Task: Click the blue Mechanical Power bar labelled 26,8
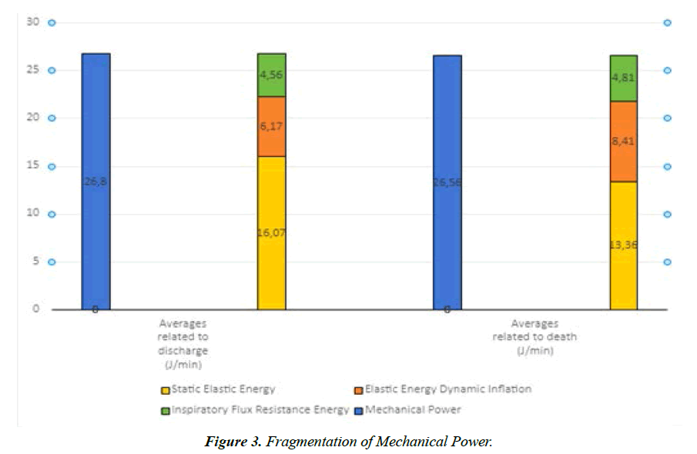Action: [x=96, y=181]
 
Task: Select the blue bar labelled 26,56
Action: [x=447, y=182]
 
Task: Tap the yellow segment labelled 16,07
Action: [x=271, y=232]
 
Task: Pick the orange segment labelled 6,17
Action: [x=271, y=126]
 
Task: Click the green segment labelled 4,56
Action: [x=271, y=75]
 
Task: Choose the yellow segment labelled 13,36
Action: [x=623, y=245]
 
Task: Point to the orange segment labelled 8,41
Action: [x=623, y=141]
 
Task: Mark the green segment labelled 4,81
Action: [x=623, y=78]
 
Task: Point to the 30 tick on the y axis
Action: [x=32, y=22]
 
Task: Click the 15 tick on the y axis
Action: [x=32, y=166]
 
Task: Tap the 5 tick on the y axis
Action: [x=34, y=262]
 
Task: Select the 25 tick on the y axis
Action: [x=32, y=70]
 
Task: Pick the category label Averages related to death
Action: [x=534, y=336]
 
